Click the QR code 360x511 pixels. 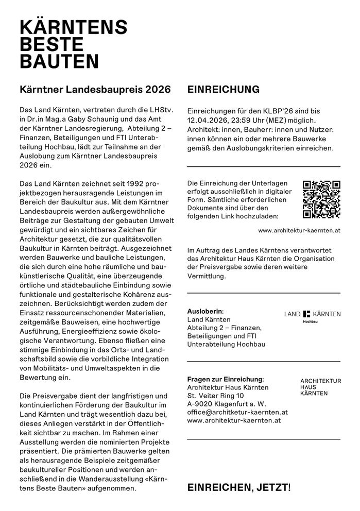point(321,200)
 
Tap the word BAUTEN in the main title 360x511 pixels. point(59,62)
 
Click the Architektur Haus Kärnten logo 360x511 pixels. point(320,386)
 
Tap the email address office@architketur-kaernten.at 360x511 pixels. point(237,412)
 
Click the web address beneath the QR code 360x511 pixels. point(299,230)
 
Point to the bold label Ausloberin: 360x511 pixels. point(205,311)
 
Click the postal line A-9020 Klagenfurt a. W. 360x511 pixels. point(226,404)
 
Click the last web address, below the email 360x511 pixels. point(234,420)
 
